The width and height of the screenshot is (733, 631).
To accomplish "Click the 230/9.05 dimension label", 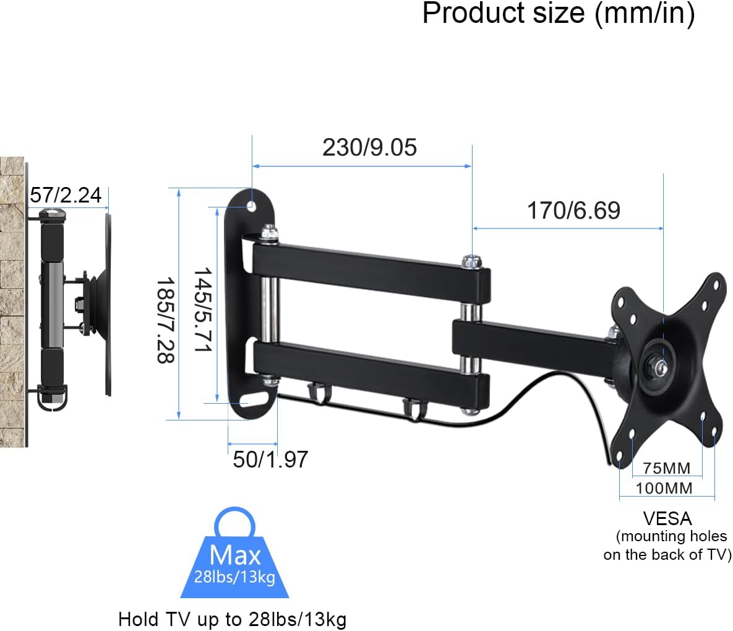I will point(369,147).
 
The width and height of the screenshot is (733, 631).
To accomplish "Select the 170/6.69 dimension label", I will point(573,211).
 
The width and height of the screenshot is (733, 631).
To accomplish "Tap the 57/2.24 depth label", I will point(66,195).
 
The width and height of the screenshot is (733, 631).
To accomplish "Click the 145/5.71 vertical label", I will point(202,310).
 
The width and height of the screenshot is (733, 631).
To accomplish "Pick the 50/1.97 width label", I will point(270,459).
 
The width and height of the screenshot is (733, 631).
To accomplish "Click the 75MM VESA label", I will point(666,468).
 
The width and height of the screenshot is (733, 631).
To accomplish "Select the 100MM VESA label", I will point(664,489).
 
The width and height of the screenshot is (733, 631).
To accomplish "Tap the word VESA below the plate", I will point(667,518).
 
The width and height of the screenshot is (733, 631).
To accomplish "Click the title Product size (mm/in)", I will point(558,14).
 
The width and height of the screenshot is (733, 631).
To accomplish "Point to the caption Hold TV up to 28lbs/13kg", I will point(232,619).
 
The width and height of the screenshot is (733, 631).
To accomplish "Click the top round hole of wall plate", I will point(252,205).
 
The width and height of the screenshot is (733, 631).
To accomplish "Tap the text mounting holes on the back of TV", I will point(668,546).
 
